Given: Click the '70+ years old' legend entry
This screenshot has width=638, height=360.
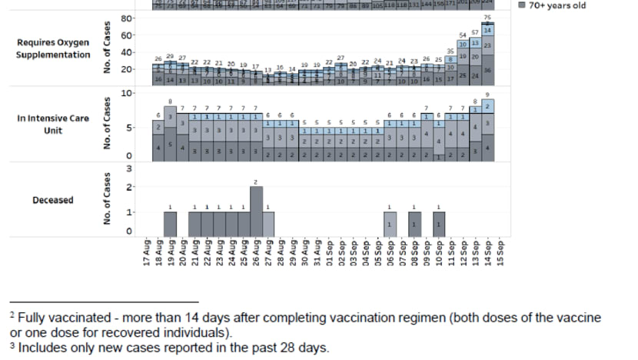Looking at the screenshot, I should point(552,5).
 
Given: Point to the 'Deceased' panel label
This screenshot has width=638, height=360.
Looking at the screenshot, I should point(53,200).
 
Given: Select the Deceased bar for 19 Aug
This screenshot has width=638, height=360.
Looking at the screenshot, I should point(171,224).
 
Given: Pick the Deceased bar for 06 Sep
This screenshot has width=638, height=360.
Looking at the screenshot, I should point(390,224).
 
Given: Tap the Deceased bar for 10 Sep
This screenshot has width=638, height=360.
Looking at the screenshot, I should point(439,224).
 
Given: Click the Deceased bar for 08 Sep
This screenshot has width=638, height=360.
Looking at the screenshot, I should point(414,224).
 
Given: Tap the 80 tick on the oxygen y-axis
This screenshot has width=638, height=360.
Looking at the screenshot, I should point(128,18).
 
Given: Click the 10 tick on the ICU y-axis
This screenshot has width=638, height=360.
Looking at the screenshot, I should point(128,92).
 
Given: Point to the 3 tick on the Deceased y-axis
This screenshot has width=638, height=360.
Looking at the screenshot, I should point(129,168).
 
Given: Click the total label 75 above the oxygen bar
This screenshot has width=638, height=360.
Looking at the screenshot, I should point(487,18).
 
